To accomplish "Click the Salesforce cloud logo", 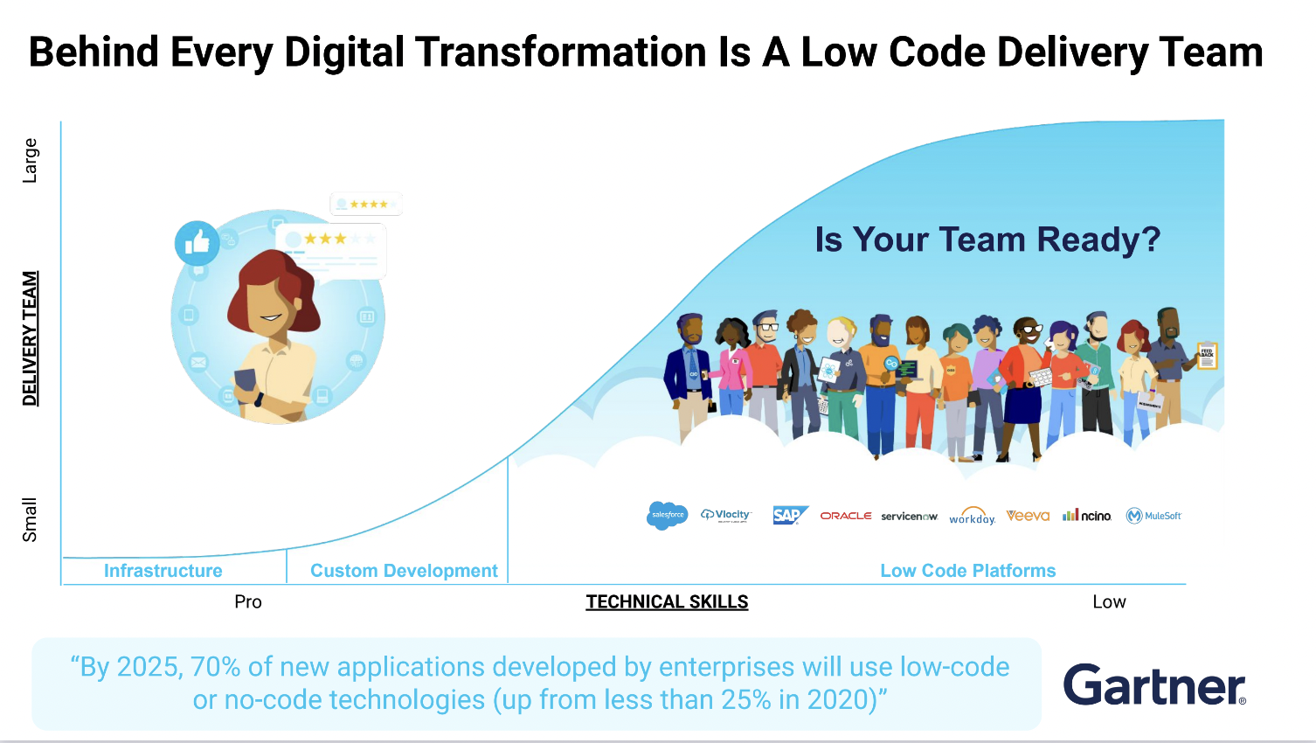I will tap(668, 515).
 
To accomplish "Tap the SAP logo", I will tap(790, 516).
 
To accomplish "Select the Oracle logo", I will tap(845, 516).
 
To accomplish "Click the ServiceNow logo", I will tap(909, 517).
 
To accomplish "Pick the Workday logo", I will tap(972, 517).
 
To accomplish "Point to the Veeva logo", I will tap(1028, 516).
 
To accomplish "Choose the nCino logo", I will tap(1087, 516).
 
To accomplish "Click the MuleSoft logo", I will tap(1153, 516).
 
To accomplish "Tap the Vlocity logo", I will tap(726, 515).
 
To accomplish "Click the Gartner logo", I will tap(1154, 685).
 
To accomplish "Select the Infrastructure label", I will tap(163, 571).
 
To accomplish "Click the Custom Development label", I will tap(404, 571).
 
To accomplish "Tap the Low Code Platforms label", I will tap(967, 571).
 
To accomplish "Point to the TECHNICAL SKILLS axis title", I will tap(667, 602).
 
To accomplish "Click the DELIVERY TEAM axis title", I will tap(31, 338).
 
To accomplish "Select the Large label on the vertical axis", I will tap(31, 160).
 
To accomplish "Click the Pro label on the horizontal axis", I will tap(248, 602).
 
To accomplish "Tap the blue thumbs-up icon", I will tap(197, 243).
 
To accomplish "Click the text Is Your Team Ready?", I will tap(987, 240).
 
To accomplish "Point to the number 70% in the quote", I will tap(215, 667).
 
